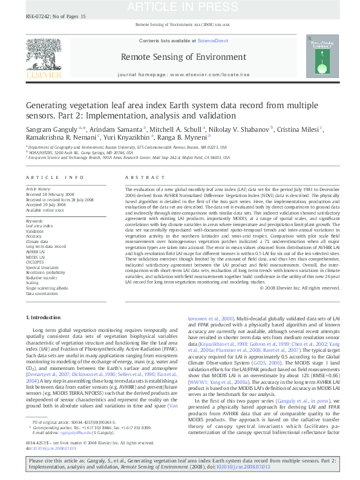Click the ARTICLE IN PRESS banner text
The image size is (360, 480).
pyautogui.click(x=179, y=7)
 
